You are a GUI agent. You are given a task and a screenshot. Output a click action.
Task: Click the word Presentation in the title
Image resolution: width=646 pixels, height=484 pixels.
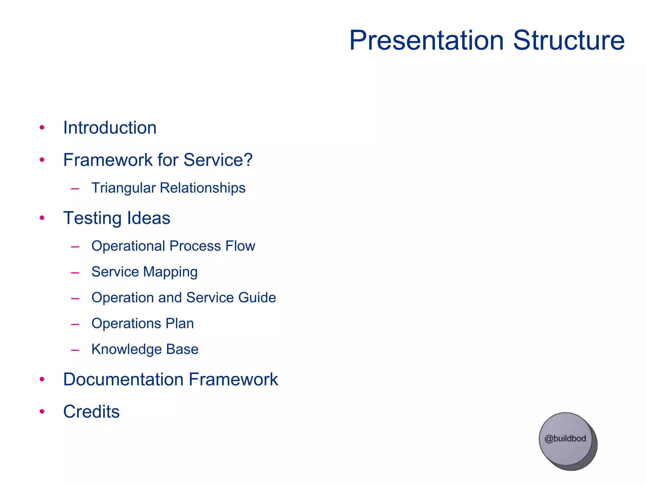426,40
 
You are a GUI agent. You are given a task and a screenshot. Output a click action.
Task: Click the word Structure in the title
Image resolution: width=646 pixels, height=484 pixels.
569,40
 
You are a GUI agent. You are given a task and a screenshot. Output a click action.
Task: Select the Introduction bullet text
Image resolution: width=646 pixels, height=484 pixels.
110,128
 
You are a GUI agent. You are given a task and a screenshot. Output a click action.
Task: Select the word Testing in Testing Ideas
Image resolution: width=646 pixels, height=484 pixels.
92,218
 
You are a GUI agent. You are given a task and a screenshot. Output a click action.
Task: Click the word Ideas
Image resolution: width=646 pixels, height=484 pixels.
149,218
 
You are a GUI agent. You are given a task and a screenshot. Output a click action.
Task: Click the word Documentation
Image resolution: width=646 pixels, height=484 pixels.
123,379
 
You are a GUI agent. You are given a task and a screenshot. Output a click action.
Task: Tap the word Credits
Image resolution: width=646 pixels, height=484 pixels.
91,412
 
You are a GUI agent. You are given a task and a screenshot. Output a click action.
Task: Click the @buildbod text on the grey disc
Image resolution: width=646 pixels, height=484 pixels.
565,439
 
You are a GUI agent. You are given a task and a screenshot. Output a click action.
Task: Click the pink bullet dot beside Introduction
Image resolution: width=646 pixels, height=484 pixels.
42,128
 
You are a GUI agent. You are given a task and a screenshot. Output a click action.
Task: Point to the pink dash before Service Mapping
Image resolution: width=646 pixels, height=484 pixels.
75,272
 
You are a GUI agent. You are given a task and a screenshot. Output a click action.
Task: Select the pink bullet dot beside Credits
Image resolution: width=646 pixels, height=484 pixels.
42,412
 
